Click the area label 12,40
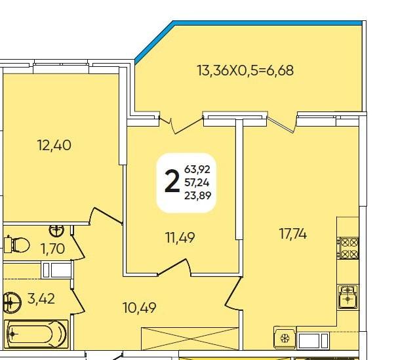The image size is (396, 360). pyautogui.click(x=54, y=146)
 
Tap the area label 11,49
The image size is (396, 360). pyautogui.click(x=180, y=237)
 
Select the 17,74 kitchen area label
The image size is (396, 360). pyautogui.click(x=293, y=234)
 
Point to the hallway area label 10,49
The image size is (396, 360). pyautogui.click(x=140, y=308)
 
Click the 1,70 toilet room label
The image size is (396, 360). pyautogui.click(x=53, y=249)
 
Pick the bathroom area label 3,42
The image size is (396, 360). pyautogui.click(x=41, y=299)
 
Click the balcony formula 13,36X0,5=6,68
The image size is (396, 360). pyautogui.click(x=245, y=70)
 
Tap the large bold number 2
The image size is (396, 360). pyautogui.click(x=172, y=181)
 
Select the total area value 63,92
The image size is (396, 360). pyautogui.click(x=197, y=169)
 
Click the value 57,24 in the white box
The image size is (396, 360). pyautogui.click(x=197, y=182)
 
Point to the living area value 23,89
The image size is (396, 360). pyautogui.click(x=198, y=195)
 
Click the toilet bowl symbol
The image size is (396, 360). pyautogui.click(x=17, y=245)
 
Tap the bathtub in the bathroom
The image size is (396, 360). pyautogui.click(x=37, y=334)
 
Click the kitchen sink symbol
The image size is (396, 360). pyautogui.click(x=348, y=296)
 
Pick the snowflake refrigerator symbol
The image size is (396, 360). pyautogui.click(x=285, y=338)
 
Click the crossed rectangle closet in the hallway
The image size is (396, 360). pyautogui.click(x=189, y=338)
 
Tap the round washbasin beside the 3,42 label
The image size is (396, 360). pyautogui.click(x=12, y=302)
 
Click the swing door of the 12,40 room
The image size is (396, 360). pyautogui.click(x=106, y=216)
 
